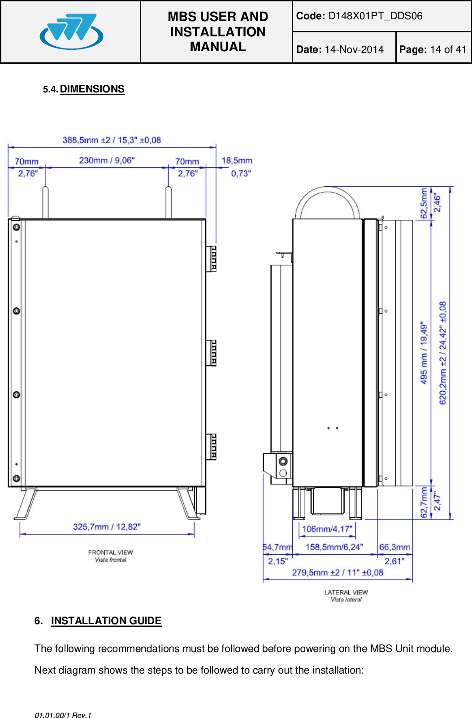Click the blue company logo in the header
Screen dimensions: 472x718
tap(71, 31)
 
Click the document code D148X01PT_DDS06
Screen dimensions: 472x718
tap(375, 16)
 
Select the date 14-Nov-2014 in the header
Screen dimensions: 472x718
tap(354, 50)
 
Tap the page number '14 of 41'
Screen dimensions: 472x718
tap(448, 50)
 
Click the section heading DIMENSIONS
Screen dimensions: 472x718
tap(92, 89)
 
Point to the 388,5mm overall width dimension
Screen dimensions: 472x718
tap(112, 140)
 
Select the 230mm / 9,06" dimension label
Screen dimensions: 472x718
tap(107, 160)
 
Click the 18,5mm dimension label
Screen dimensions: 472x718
tap(237, 161)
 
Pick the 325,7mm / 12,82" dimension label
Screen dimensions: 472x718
tap(107, 527)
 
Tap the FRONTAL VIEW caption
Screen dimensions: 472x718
tap(110, 552)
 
